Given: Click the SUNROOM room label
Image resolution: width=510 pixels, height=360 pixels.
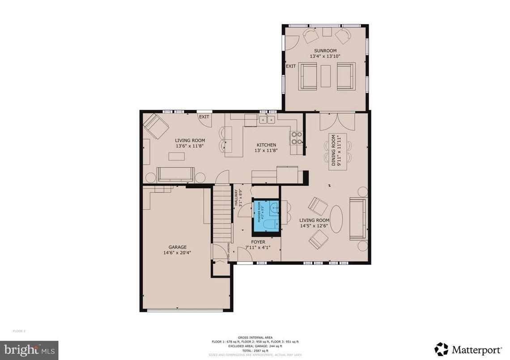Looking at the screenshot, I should point(325,51).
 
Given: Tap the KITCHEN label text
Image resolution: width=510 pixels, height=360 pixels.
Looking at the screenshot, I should point(266,145).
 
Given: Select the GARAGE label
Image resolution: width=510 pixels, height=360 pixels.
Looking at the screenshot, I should point(177,247).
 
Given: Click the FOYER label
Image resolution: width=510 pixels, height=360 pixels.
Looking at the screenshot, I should point(258,242).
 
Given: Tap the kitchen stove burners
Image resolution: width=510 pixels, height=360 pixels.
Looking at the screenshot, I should point(296,137).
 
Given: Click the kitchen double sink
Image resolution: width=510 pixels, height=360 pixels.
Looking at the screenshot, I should point(268,120).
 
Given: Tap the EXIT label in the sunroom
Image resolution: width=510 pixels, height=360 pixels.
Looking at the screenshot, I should point(291,66).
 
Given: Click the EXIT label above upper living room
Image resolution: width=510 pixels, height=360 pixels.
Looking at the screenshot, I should point(204,117).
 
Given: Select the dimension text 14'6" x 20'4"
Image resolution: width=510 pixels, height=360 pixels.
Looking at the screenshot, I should point(177,253).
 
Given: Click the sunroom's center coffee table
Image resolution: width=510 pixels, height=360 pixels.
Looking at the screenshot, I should point(326,76).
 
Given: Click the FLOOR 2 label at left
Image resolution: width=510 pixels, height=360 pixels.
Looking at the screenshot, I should point(19,331).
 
